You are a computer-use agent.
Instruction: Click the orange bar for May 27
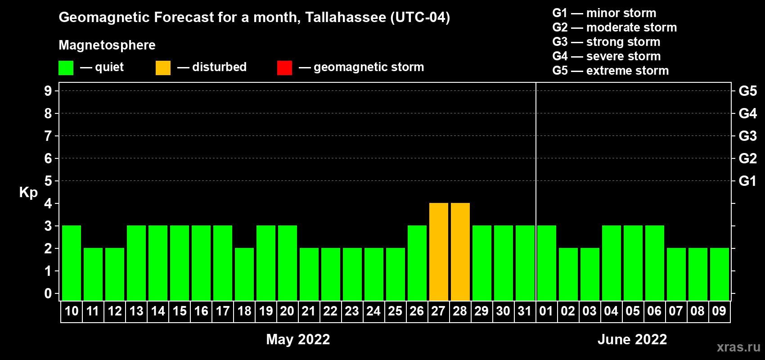[x=438, y=252]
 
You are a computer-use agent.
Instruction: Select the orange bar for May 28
[x=460, y=252]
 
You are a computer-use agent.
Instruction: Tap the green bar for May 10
[x=72, y=263]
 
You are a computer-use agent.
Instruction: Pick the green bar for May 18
[x=244, y=274]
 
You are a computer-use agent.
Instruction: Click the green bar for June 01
[x=547, y=263]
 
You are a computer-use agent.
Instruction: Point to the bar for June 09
[x=720, y=274]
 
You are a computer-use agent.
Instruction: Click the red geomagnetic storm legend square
[x=285, y=67]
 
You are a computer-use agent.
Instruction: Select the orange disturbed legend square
[x=163, y=67]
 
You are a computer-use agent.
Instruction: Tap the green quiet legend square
[x=66, y=67]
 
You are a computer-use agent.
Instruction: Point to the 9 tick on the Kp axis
[x=48, y=91]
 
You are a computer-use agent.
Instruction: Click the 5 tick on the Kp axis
[x=48, y=181]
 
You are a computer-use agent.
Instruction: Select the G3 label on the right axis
[x=747, y=136]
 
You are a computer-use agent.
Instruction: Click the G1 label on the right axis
[x=747, y=181]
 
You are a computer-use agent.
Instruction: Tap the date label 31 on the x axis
[x=525, y=311]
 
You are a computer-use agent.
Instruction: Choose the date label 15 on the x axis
[x=179, y=311]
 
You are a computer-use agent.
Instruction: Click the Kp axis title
[x=28, y=193]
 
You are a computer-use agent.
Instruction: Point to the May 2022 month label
[x=298, y=339]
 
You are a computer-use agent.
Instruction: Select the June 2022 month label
[x=632, y=339]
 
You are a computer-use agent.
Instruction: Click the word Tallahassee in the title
[x=346, y=17]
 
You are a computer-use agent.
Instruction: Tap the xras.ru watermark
[x=739, y=347]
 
